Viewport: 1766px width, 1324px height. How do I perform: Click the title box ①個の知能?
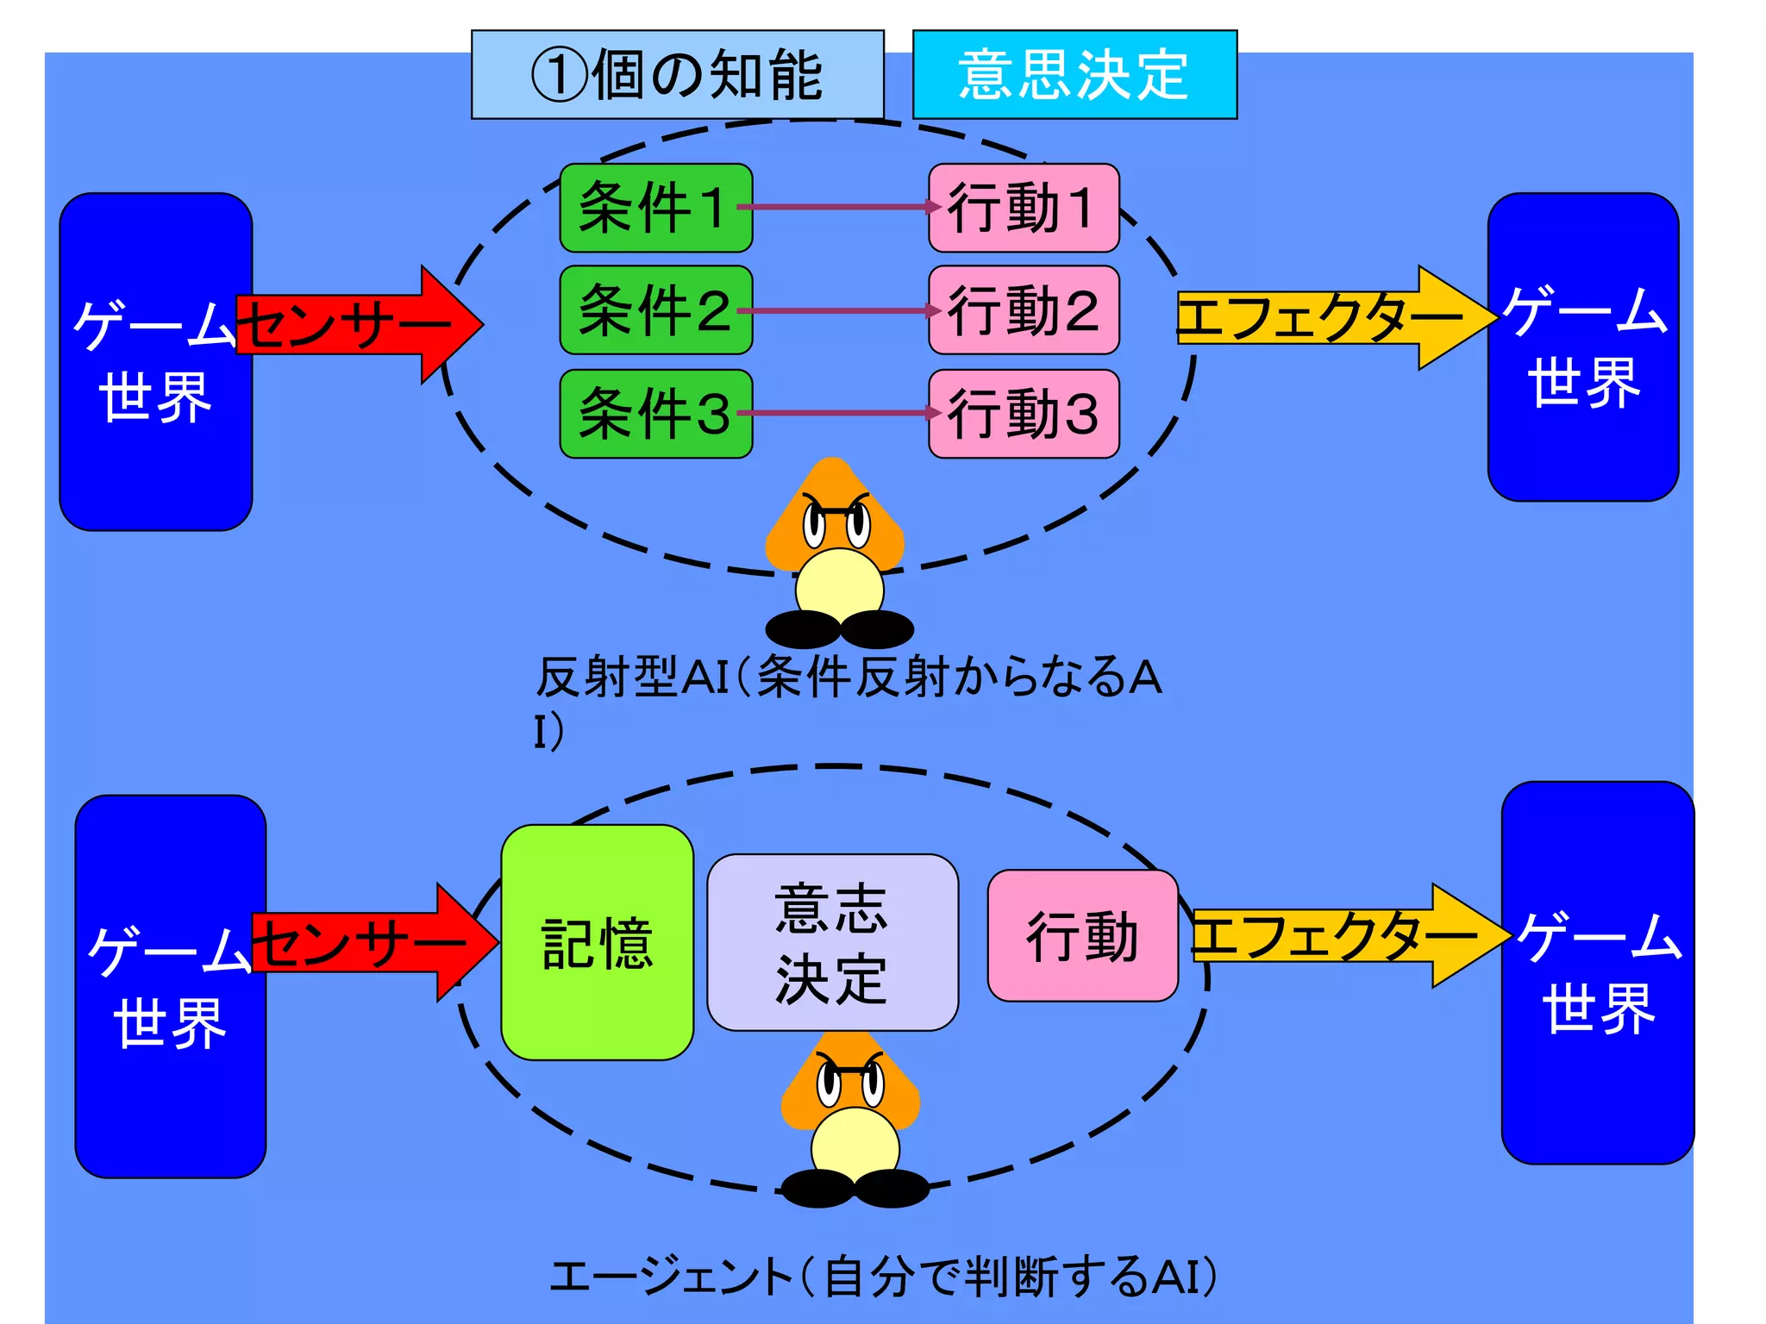pyautogui.click(x=677, y=75)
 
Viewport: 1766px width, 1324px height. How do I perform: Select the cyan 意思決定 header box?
pyautogui.click(x=1074, y=75)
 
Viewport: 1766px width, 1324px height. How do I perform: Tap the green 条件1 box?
pyautogui.click(x=655, y=208)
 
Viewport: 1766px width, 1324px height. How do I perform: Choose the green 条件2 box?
pyautogui.click(x=655, y=310)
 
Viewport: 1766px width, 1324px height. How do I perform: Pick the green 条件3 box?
pyautogui.click(x=655, y=414)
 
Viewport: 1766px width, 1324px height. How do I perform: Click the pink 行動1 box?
pyautogui.click(x=1024, y=208)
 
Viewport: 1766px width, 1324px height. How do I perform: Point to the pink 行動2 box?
pyautogui.click(x=1024, y=310)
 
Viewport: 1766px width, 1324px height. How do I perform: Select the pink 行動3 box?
pyautogui.click(x=1024, y=414)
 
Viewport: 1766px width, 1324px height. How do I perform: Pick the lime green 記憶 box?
pyautogui.click(x=597, y=942)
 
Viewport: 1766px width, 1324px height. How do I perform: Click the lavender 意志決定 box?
pyautogui.click(x=832, y=942)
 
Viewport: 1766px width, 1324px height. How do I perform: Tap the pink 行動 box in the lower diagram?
pyautogui.click(x=1082, y=936)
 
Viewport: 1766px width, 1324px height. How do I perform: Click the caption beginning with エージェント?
pyautogui.click(x=884, y=1277)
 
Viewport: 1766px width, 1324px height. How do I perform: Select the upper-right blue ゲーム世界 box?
pyautogui.click(x=1582, y=347)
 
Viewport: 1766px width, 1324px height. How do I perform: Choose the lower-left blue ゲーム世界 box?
pyautogui.click(x=170, y=986)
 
